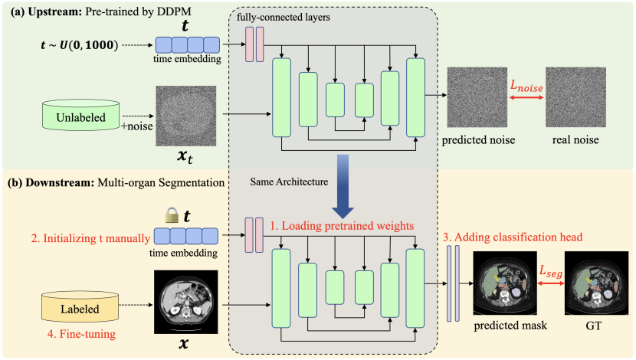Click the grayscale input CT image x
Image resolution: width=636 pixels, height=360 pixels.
point(184,300)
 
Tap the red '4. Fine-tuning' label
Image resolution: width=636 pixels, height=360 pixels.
point(74,335)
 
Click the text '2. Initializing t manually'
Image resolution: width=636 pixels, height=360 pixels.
point(76,239)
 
